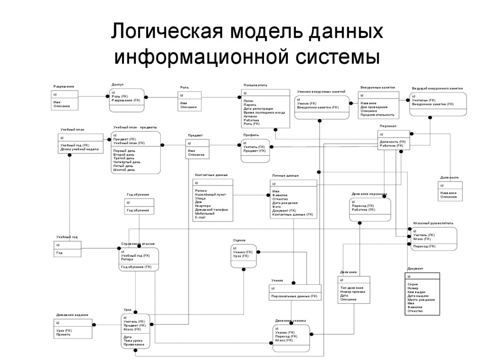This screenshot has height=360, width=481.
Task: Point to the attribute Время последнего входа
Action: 264,112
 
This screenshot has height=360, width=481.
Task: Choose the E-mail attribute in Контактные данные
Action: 200,217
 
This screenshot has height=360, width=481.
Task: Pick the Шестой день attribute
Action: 124,169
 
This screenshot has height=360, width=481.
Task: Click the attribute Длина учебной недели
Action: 79,149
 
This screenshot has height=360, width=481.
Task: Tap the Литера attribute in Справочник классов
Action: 127,259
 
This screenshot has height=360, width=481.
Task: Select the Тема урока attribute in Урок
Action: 133,340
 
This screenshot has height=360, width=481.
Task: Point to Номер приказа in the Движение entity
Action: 353,291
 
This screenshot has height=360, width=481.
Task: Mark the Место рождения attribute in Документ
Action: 421,299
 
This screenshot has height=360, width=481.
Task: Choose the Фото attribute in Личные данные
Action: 276,207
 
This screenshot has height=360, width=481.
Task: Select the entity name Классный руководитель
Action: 433,223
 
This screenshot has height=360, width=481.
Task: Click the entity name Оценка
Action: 239,240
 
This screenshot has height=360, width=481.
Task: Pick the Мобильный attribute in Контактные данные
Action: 204,214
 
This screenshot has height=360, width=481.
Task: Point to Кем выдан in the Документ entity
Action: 416,292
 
